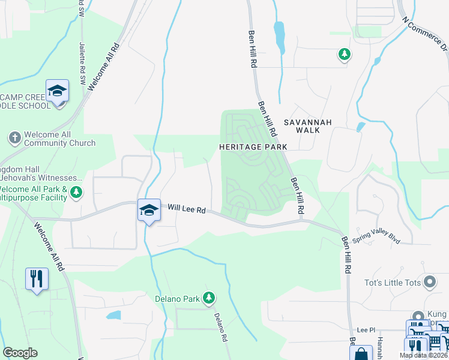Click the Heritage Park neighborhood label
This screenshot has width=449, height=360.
coord(253,146)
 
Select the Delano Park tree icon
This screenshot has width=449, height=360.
coord(209,297)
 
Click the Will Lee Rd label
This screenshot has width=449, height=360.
coord(187,209)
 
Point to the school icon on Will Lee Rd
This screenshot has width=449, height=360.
coord(149,210)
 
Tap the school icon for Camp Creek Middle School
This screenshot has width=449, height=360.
coord(57,91)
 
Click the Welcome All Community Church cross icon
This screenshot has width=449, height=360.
coord(15,137)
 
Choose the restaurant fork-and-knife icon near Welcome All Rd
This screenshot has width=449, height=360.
coord(37,279)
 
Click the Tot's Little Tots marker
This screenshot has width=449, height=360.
coord(429,281)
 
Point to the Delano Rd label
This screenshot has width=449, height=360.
coord(220,328)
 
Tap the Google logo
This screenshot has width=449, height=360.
coord(20,353)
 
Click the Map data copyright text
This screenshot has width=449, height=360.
coord(424,355)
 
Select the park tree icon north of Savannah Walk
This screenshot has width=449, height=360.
coord(344,55)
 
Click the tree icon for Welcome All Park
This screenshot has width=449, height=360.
coord(76,193)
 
